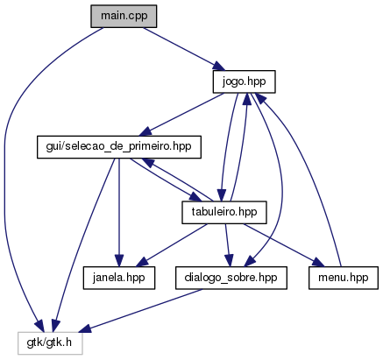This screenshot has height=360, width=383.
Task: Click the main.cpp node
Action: pos(124,17)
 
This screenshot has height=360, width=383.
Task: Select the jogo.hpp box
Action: pos(244,81)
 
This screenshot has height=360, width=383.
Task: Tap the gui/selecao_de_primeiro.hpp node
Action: pos(119,147)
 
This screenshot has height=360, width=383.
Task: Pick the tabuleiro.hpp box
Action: pos(224,213)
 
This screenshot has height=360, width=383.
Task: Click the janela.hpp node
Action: pos(119,278)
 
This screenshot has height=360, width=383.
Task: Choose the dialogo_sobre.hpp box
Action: pos(231,278)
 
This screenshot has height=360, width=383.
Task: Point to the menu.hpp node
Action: pos(344,278)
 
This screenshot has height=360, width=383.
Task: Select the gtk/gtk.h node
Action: pos(50,343)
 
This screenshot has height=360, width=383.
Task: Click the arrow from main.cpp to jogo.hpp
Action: pos(184,49)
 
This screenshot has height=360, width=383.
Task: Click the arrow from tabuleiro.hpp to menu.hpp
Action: pos(284,245)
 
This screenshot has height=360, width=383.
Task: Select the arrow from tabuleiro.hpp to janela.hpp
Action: pos(172,245)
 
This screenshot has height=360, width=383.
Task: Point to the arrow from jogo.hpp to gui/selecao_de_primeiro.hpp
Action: pos(181,115)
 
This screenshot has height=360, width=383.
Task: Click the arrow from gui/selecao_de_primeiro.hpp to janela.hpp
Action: pos(119,213)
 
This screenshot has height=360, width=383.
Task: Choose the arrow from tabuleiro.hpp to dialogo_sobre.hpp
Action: pos(227,245)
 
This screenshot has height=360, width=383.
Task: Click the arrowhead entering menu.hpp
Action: pos(318,262)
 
